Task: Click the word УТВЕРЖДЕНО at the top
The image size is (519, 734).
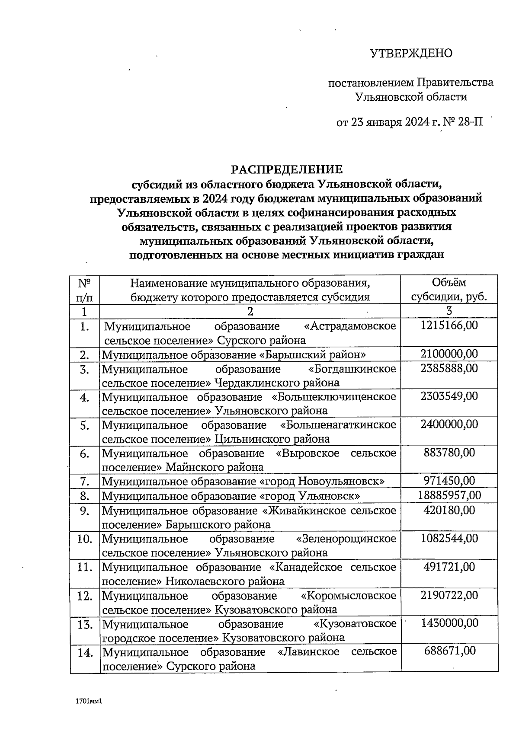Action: pyautogui.click(x=411, y=53)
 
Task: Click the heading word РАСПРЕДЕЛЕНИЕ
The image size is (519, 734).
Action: pyautogui.click(x=287, y=169)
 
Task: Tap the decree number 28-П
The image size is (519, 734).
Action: pyautogui.click(x=470, y=122)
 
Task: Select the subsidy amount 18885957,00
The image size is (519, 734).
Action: pyautogui.click(x=449, y=495)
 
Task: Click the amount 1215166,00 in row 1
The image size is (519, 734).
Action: pyautogui.click(x=449, y=325)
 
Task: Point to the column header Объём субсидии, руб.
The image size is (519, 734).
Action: pyautogui.click(x=449, y=290)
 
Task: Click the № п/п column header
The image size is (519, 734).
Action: pyautogui.click(x=85, y=290)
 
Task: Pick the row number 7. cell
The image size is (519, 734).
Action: pyautogui.click(x=85, y=481)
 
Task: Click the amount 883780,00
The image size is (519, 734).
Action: pyautogui.click(x=449, y=453)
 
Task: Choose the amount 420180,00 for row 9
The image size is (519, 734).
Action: pyautogui.click(x=449, y=510)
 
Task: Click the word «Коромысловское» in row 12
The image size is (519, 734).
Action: pyautogui.click(x=348, y=596)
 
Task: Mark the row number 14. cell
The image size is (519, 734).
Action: pyautogui.click(x=85, y=653)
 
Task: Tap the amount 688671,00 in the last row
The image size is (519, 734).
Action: pyautogui.click(x=449, y=651)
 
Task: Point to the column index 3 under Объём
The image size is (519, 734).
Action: pyautogui.click(x=449, y=311)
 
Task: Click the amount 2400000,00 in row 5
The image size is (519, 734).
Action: pyautogui.click(x=449, y=424)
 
